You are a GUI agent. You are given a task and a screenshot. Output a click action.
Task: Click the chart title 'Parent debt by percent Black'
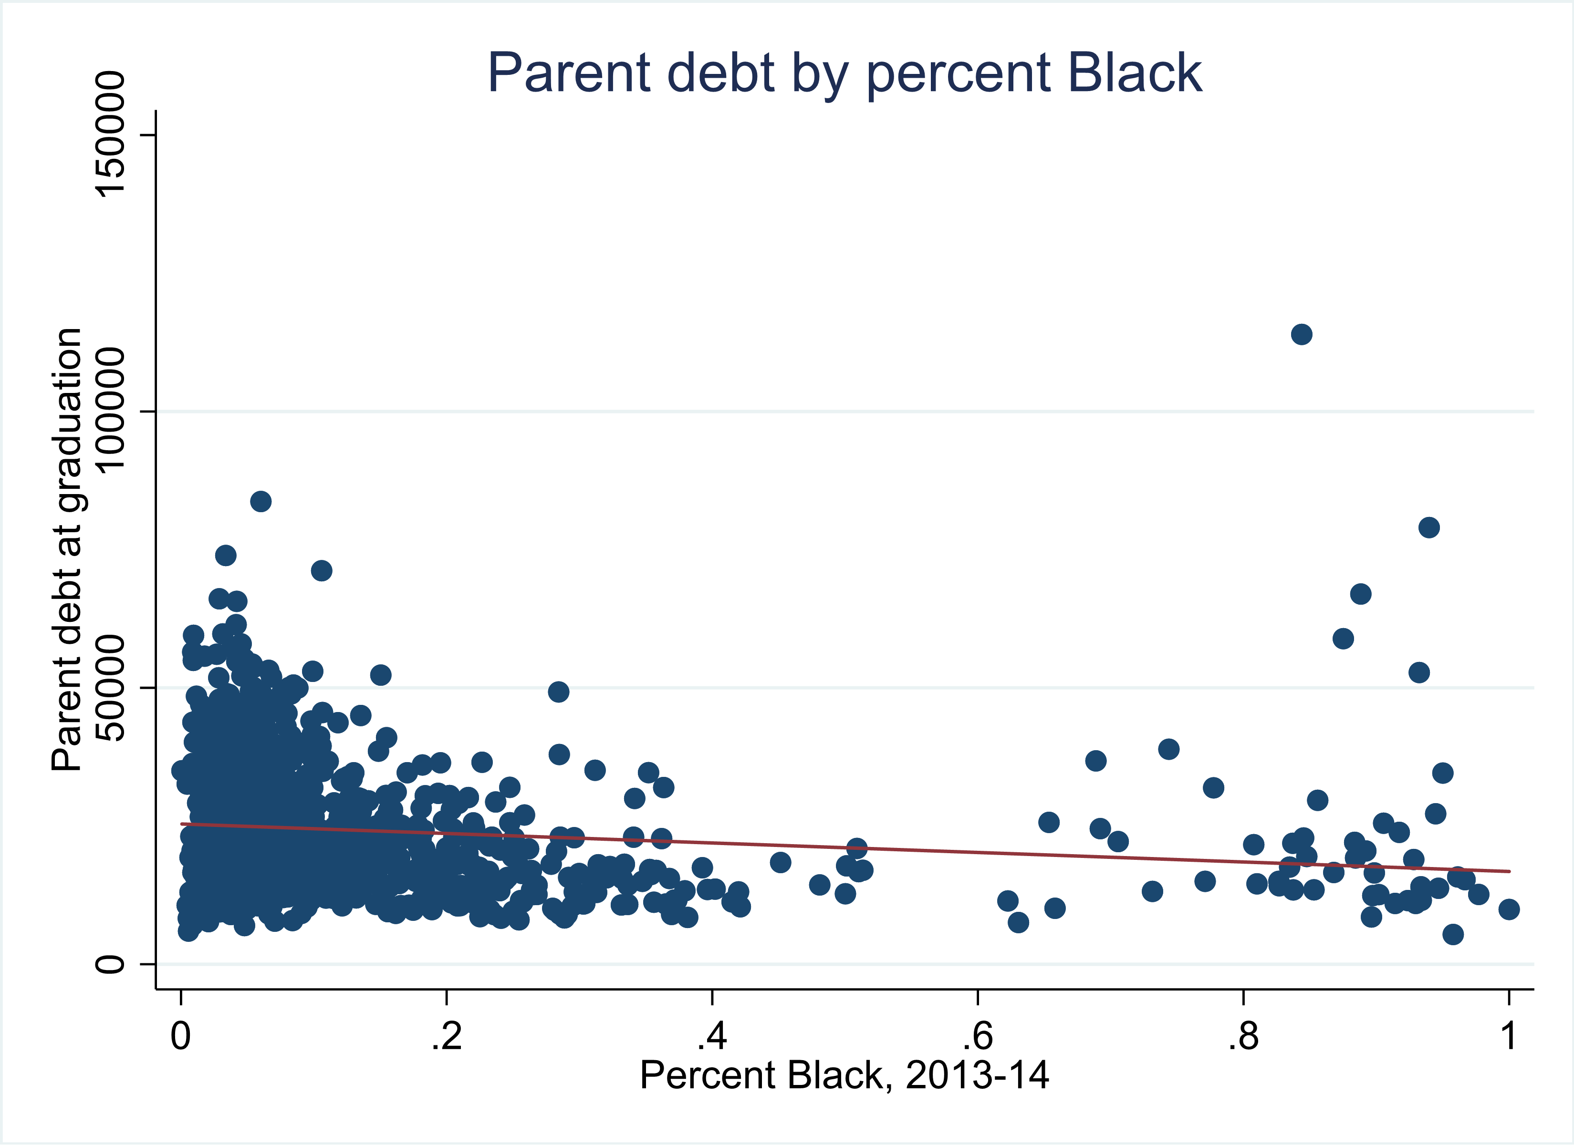pos(844,73)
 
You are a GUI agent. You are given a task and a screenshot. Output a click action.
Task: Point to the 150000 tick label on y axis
pos(110,134)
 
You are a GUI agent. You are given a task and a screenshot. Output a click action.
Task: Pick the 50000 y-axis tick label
pos(110,688)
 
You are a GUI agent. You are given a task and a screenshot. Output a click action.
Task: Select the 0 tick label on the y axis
pos(110,964)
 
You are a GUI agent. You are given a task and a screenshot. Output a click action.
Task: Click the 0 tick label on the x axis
pos(180,1036)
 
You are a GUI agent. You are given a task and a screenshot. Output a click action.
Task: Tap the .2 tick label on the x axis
pos(446,1036)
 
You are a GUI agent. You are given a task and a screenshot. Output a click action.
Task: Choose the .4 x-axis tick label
pos(711,1036)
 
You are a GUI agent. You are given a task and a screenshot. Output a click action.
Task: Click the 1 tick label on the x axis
pos(1509,1036)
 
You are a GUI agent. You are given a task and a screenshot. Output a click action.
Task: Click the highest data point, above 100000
pos(1301,334)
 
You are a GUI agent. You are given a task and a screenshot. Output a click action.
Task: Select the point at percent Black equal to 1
pos(1509,909)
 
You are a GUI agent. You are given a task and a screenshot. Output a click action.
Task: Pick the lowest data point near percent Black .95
pos(1452,934)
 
